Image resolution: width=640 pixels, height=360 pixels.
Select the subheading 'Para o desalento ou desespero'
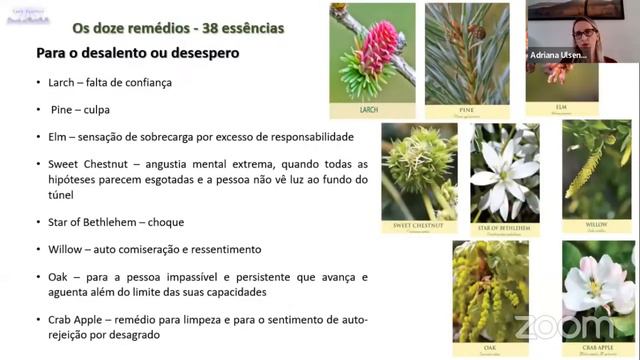tap(137, 53)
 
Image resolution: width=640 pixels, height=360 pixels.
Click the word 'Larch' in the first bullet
tap(63, 83)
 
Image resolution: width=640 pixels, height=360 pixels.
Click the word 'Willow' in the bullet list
tap(66, 249)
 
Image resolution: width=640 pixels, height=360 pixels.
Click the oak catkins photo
tap(490, 292)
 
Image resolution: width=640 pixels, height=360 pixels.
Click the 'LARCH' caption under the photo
tap(372, 110)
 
